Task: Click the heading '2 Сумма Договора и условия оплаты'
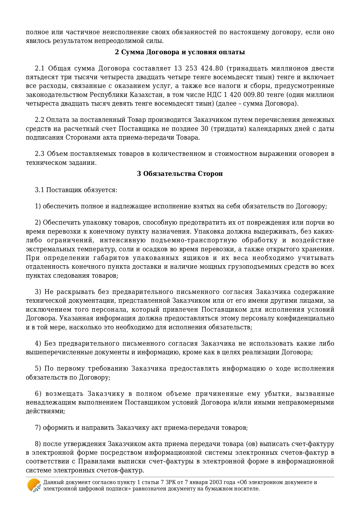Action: pyautogui.click(x=180, y=52)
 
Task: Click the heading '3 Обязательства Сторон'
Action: pyautogui.click(x=180, y=174)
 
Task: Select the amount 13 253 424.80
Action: pyautogui.click(x=198, y=68)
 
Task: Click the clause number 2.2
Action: pyautogui.click(x=39, y=120)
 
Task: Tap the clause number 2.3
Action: pyautogui.click(x=39, y=154)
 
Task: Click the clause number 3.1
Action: pyautogui.click(x=39, y=190)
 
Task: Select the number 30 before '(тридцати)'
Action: pyautogui.click(x=204, y=129)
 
